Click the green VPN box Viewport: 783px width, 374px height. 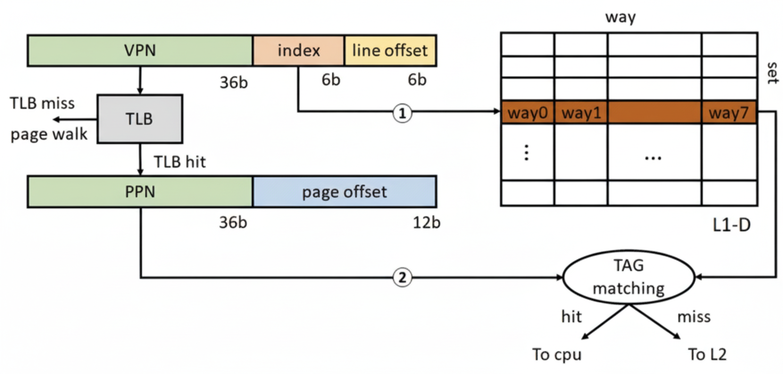[139, 50]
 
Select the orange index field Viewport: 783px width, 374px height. [298, 50]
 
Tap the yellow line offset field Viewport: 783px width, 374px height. [390, 50]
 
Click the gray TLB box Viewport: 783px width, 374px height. [139, 119]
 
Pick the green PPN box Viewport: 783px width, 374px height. [139, 191]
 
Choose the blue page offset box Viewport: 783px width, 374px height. [344, 191]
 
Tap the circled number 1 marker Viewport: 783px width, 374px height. [402, 112]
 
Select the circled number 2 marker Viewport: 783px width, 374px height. [402, 277]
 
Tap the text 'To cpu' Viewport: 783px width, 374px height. [556, 354]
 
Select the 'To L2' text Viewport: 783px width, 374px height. [707, 354]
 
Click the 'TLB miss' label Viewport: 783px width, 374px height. [43, 103]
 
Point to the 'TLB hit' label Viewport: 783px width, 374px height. [179, 161]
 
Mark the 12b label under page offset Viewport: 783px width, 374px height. [426, 222]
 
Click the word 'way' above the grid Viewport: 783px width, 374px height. [620, 18]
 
